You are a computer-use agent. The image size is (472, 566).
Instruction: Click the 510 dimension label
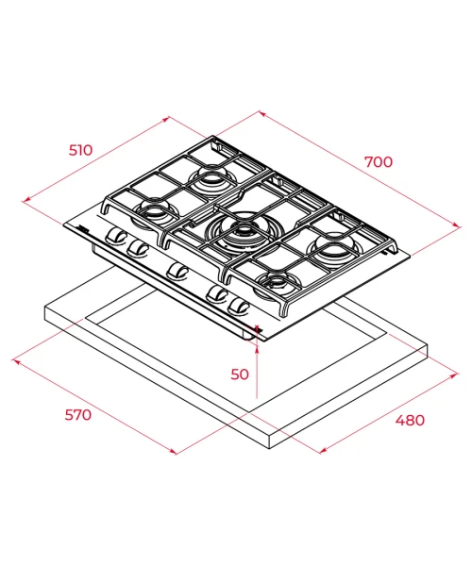click(x=81, y=150)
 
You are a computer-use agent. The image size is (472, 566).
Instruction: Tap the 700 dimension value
click(x=379, y=162)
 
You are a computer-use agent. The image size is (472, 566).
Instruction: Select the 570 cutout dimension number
click(x=78, y=415)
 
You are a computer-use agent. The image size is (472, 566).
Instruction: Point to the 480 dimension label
click(x=410, y=420)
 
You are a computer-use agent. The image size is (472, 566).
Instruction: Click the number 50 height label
click(x=240, y=375)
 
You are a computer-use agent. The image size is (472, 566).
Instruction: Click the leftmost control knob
click(x=115, y=235)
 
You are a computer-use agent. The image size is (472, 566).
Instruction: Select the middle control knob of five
click(x=177, y=271)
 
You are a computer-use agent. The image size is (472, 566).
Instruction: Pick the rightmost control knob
click(x=238, y=306)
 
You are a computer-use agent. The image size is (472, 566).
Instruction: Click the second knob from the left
click(x=138, y=247)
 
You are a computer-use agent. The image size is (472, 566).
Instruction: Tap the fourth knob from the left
click(x=216, y=293)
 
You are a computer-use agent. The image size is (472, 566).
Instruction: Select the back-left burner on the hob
click(x=212, y=177)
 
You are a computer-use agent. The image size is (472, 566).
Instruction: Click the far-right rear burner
click(x=333, y=247)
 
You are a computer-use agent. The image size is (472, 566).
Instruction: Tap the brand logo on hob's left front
click(x=83, y=227)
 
